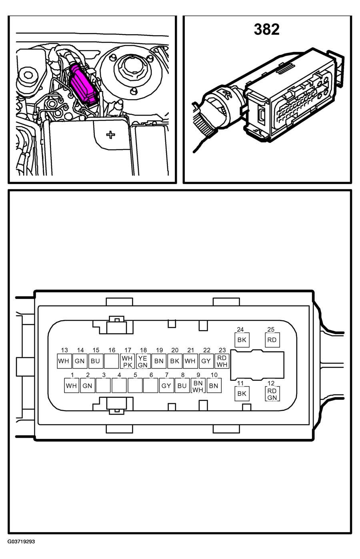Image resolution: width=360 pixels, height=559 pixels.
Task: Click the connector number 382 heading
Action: [x=266, y=29]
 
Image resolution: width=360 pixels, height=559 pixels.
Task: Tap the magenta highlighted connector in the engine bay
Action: [x=83, y=84]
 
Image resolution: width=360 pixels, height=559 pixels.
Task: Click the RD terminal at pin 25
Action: [x=272, y=340]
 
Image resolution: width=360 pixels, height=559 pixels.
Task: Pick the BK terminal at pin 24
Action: [x=241, y=340]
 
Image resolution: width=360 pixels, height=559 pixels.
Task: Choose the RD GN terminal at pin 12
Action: [x=272, y=394]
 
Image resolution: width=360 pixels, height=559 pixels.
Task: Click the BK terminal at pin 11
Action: [x=241, y=394]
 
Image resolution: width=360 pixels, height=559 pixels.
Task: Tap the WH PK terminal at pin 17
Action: [x=127, y=361]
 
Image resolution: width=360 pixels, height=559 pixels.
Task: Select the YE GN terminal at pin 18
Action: [x=143, y=361]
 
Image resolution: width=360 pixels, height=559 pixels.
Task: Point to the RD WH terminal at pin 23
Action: [x=222, y=361]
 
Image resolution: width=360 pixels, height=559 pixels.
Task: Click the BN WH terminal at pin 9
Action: [x=198, y=386]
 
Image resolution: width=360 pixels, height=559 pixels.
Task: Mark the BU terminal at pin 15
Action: [x=95, y=361]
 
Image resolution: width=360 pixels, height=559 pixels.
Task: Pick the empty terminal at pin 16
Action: [x=111, y=361]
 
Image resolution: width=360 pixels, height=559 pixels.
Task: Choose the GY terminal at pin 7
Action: [x=166, y=386]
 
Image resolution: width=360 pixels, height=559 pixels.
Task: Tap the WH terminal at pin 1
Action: [x=72, y=386]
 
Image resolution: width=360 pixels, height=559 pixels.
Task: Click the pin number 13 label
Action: [x=64, y=351]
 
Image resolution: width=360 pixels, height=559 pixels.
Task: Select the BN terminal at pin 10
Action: [x=214, y=386]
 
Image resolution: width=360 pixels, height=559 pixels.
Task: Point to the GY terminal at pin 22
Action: [x=206, y=361]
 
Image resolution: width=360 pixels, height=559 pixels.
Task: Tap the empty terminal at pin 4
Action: [x=119, y=386]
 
